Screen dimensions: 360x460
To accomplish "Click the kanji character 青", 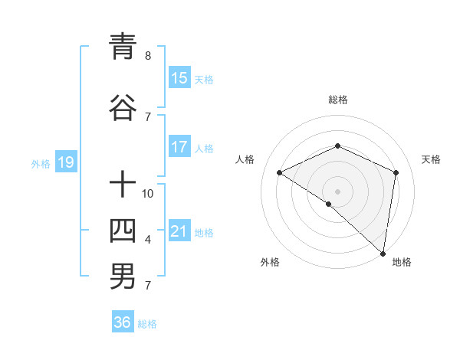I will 123,47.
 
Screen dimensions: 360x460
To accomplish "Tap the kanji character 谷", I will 123,108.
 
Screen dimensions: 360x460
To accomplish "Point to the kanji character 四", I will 123,230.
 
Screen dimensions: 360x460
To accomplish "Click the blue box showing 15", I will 179,78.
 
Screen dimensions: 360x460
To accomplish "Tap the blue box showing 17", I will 179,147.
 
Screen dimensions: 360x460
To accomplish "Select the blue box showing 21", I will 179,232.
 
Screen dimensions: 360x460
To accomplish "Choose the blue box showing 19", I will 65,162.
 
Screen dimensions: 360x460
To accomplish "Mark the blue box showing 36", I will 123,322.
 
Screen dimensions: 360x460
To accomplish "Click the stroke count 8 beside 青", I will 148,56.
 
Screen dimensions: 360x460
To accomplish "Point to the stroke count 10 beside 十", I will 148,193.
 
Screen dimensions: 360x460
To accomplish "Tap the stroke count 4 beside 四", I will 148,240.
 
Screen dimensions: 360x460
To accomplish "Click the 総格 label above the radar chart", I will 337,100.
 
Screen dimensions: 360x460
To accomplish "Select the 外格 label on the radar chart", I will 270,262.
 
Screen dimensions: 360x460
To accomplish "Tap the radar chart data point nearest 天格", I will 396,172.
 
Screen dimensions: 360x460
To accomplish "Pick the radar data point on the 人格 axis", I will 280,173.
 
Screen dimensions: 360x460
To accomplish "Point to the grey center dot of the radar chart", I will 337,191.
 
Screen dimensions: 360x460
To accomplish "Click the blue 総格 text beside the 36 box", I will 147,324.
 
